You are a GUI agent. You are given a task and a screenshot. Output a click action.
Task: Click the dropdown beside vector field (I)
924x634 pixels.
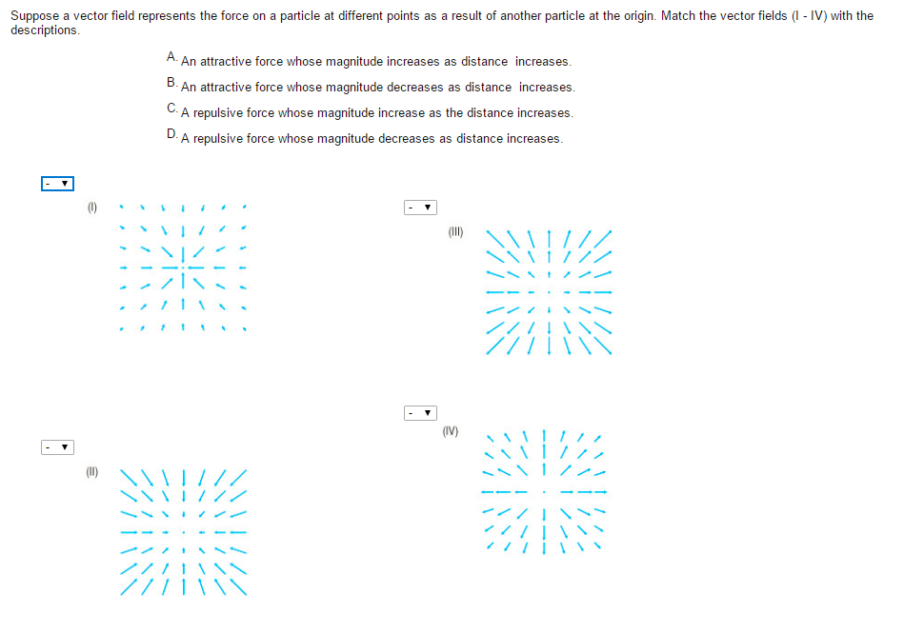click(57, 183)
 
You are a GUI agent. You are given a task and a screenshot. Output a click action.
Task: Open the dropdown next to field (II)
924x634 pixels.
click(57, 446)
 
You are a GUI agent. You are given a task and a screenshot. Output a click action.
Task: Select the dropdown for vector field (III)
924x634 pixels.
click(420, 207)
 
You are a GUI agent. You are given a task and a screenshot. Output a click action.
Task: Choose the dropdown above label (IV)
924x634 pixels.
click(420, 413)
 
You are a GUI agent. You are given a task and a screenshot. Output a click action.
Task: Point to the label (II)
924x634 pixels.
click(92, 470)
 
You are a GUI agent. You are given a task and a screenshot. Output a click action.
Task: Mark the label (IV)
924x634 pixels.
click(451, 431)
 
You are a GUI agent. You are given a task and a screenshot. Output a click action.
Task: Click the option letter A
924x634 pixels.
click(171, 57)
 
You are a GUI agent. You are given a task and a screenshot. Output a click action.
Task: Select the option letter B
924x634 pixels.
click(171, 83)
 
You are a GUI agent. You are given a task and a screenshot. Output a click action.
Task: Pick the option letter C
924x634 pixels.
click(171, 109)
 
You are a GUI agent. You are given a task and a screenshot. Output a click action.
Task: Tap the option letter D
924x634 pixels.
click(171, 134)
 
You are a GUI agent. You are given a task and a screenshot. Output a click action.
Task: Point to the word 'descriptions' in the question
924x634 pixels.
click(44, 30)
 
